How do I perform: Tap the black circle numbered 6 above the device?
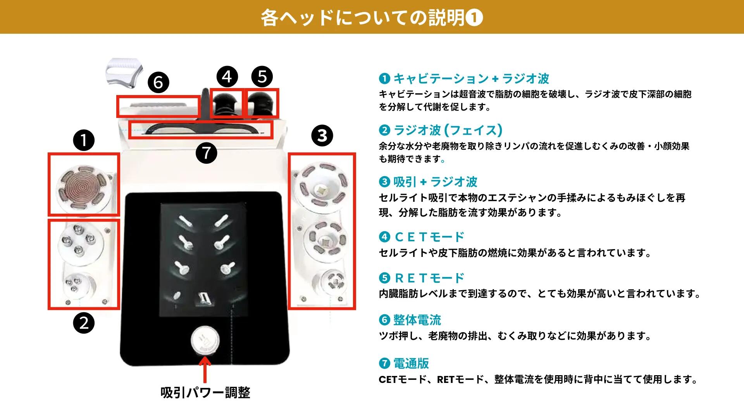coord(158,82)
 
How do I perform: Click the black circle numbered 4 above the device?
coord(227,76)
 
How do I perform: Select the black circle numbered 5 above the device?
coord(262,76)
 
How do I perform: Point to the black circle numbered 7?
coord(206,152)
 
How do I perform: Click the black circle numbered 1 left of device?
coord(84,140)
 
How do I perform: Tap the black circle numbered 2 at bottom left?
coord(84,322)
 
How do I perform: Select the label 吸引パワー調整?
coord(205,393)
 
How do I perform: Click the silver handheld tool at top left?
coord(124,75)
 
